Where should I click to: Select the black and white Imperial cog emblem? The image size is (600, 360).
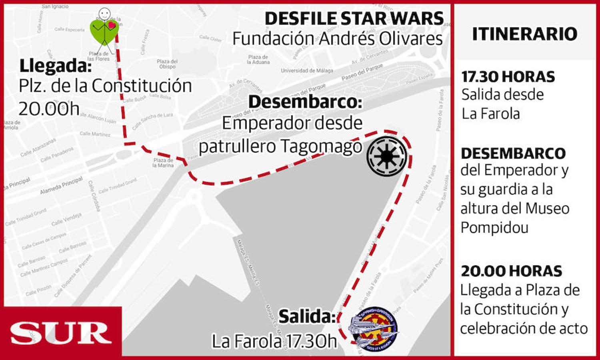click(387, 156)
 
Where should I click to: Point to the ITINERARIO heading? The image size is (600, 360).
click(524, 34)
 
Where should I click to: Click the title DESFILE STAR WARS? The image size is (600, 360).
click(354, 19)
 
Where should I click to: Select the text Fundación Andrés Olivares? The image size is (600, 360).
click(337, 39)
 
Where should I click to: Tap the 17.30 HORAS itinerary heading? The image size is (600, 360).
click(508, 77)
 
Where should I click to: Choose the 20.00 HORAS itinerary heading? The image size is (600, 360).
click(511, 271)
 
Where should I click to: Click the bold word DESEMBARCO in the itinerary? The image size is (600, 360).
click(513, 153)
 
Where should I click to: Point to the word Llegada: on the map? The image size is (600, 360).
click(55, 66)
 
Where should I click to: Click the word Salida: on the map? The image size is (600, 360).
click(307, 316)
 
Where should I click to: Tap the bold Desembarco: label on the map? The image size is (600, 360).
click(305, 102)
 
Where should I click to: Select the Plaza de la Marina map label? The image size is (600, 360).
click(163, 163)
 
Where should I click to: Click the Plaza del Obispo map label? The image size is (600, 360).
click(167, 64)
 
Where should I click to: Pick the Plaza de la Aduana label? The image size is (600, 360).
click(258, 60)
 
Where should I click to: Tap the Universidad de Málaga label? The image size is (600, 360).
click(307, 71)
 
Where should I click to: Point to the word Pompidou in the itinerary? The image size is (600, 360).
click(494, 228)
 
